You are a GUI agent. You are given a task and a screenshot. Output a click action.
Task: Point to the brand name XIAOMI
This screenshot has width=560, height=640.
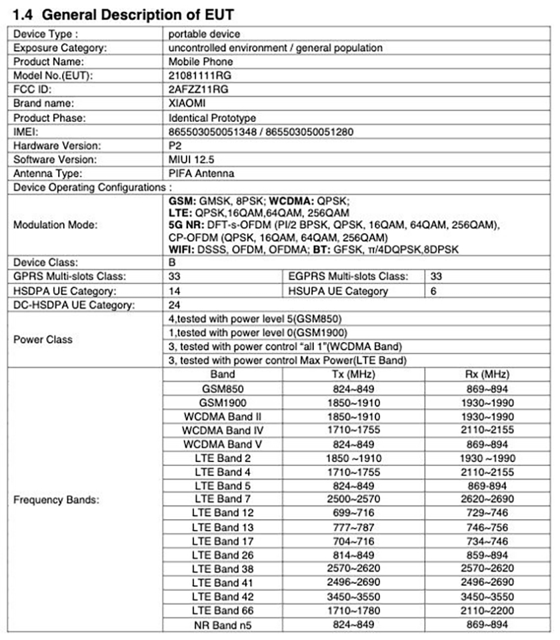click(x=187, y=103)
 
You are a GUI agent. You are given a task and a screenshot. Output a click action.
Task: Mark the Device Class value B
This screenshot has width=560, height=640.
click(x=173, y=262)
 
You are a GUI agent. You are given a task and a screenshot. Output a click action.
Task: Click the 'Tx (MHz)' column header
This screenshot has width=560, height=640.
click(x=353, y=374)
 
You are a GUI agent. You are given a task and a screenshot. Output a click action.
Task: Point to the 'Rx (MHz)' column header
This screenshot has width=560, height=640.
click(x=489, y=374)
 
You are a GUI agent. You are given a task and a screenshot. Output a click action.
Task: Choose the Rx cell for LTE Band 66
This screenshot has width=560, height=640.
click(x=489, y=610)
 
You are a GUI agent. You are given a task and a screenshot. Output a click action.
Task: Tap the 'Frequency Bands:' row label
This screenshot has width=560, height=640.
click(x=56, y=499)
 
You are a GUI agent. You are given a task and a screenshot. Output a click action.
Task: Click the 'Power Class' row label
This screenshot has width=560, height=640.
click(x=43, y=339)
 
